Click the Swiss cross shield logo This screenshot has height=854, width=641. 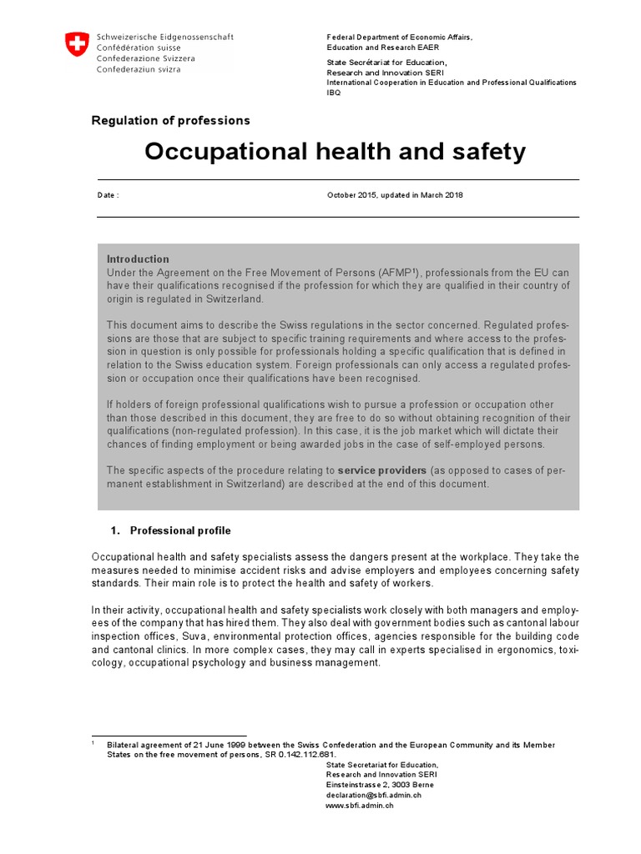point(77,45)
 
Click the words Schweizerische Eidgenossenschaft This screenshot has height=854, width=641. point(165,37)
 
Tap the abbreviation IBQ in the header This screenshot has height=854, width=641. point(334,93)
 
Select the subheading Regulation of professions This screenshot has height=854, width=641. point(170,121)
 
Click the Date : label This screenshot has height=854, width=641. point(109,195)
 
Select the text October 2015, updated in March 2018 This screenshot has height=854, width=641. point(395,195)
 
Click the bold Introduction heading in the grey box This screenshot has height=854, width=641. point(138,259)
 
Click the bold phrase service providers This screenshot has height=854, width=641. point(382,471)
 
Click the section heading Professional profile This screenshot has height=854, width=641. point(180,530)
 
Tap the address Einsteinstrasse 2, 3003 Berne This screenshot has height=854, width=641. point(380,785)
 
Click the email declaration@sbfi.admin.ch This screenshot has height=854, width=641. point(373,795)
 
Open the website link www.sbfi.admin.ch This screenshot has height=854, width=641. point(359,806)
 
